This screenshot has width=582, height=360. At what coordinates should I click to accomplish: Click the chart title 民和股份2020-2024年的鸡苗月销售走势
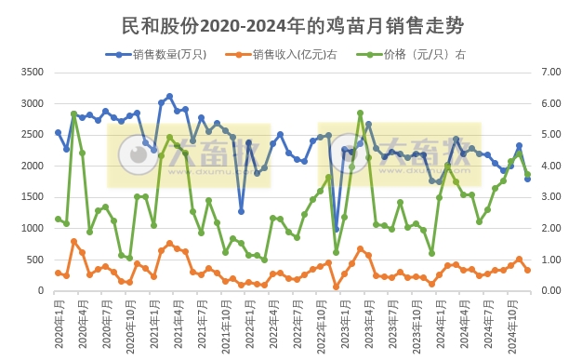pos(292,25)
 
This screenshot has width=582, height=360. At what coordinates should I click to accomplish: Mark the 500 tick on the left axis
pos(34,260)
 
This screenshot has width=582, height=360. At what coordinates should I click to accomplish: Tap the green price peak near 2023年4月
pos(360,113)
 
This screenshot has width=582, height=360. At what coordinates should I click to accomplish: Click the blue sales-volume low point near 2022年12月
pos(337,229)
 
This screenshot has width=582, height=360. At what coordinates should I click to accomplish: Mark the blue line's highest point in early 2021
pos(169,96)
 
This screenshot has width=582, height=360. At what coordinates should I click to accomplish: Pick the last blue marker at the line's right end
pos(527,179)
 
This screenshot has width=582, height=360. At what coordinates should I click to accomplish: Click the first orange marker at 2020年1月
pos(58,273)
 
